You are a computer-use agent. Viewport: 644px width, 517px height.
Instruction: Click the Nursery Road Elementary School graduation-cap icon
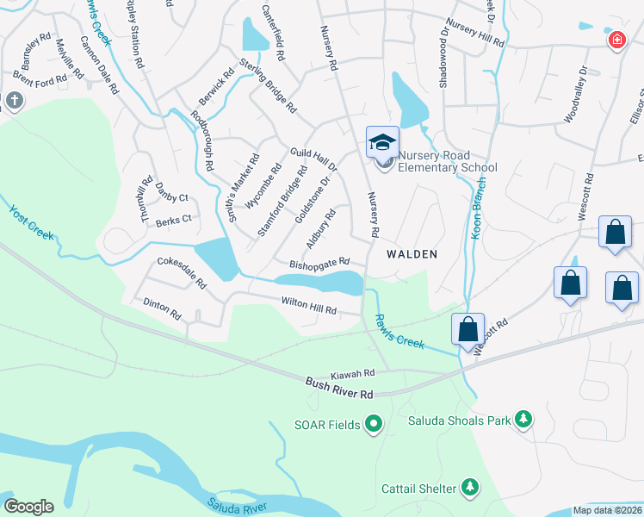pyautogui.click(x=382, y=142)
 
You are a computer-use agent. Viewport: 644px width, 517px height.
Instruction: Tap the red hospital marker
pyautogui.click(x=616, y=40)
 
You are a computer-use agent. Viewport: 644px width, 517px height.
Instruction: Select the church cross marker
pyautogui.click(x=14, y=101)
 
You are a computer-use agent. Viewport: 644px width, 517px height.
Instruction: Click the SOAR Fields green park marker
pyautogui.click(x=374, y=424)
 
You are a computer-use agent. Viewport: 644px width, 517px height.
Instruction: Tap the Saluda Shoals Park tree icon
pyautogui.click(x=523, y=420)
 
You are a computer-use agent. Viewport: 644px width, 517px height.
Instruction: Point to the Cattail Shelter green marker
pyautogui.click(x=469, y=489)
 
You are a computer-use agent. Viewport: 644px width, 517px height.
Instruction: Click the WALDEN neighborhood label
pyautogui.click(x=412, y=254)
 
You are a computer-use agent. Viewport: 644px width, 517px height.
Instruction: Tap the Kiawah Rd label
pyautogui.click(x=357, y=374)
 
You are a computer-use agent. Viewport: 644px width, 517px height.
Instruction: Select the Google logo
pyautogui.click(x=28, y=507)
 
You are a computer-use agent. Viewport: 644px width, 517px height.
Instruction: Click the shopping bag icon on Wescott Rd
pyautogui.click(x=468, y=331)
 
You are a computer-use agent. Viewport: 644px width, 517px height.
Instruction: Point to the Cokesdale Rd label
pyautogui.click(x=182, y=271)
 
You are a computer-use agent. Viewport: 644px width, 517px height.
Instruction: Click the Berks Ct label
pyautogui.click(x=173, y=221)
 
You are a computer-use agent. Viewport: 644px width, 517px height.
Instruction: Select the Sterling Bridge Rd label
pyautogui.click(x=268, y=87)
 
